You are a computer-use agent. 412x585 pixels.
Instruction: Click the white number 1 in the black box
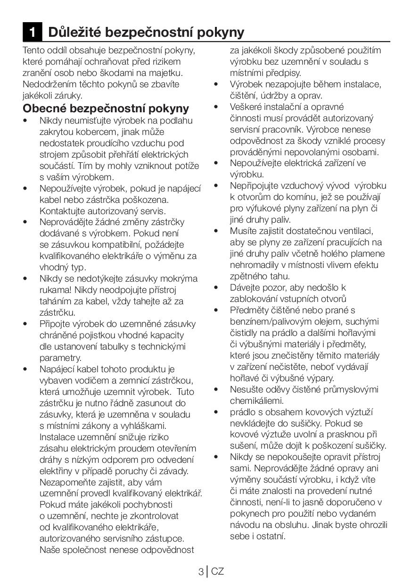32,32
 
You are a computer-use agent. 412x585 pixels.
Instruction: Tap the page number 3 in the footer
201,572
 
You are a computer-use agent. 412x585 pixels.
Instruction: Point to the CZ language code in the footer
217,572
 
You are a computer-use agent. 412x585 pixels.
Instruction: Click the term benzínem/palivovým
276,321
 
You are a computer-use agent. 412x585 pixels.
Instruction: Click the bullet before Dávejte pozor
216,287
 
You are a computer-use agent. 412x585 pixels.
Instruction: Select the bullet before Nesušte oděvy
216,389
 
